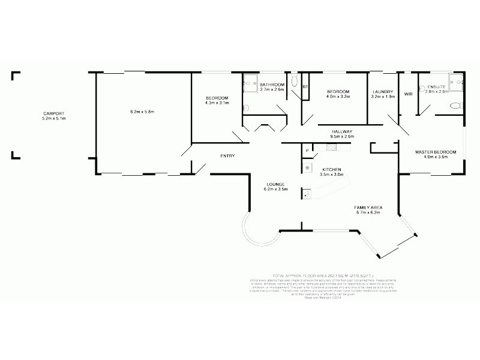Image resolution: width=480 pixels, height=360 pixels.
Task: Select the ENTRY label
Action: [227, 156]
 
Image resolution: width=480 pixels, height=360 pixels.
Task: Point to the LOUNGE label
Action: [276, 184]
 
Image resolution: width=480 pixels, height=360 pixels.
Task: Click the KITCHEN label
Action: [332, 169]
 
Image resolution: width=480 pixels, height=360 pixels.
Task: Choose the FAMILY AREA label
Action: [369, 208]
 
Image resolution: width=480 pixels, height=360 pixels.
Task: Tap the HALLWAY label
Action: [341, 131]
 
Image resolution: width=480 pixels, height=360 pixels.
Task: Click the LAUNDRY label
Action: [382, 91]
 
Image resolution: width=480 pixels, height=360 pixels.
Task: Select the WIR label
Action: [409, 94]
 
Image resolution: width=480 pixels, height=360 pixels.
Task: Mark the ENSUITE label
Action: [436, 86]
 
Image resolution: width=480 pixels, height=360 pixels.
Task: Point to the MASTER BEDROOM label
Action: [436, 152]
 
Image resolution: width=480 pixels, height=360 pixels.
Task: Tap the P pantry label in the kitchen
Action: [307, 151]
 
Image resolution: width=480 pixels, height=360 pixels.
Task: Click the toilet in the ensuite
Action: [455, 106]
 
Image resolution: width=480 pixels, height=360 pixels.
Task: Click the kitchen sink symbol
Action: [307, 193]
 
